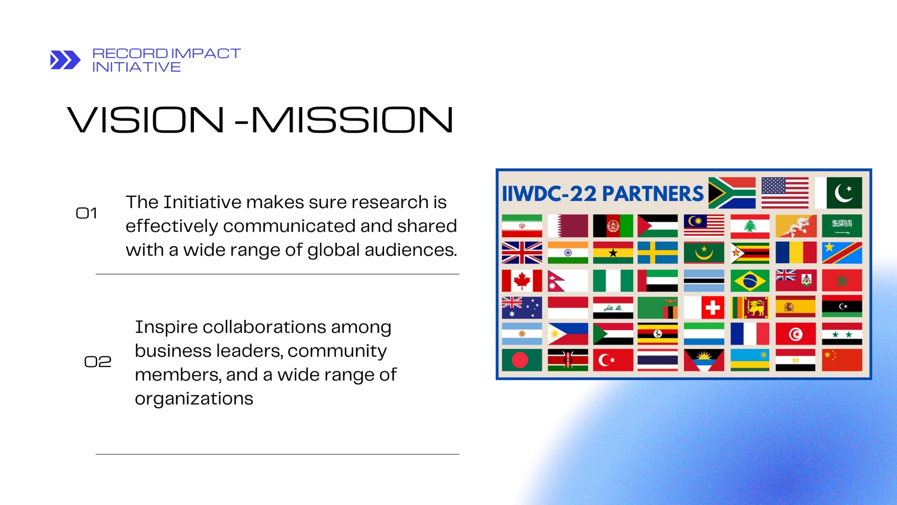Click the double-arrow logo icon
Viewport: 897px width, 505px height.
(65, 60)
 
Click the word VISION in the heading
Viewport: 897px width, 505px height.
(145, 120)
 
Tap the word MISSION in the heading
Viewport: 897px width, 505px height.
(353, 120)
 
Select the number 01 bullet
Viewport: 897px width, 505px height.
(86, 213)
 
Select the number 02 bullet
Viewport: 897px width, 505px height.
(98, 362)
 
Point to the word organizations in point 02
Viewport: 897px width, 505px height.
(194, 399)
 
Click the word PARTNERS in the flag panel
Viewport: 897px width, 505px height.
(653, 194)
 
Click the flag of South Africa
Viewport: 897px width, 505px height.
(732, 193)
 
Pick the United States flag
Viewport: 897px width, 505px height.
(785, 193)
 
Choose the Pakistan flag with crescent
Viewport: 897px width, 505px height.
(839, 193)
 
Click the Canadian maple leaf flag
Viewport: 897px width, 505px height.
(522, 281)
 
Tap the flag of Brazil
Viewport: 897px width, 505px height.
(750, 281)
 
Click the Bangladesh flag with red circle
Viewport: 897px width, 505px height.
(522, 360)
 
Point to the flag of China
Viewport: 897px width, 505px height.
(842, 360)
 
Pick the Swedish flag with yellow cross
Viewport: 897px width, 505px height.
(658, 252)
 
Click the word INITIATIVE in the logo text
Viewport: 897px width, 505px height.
(137, 67)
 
